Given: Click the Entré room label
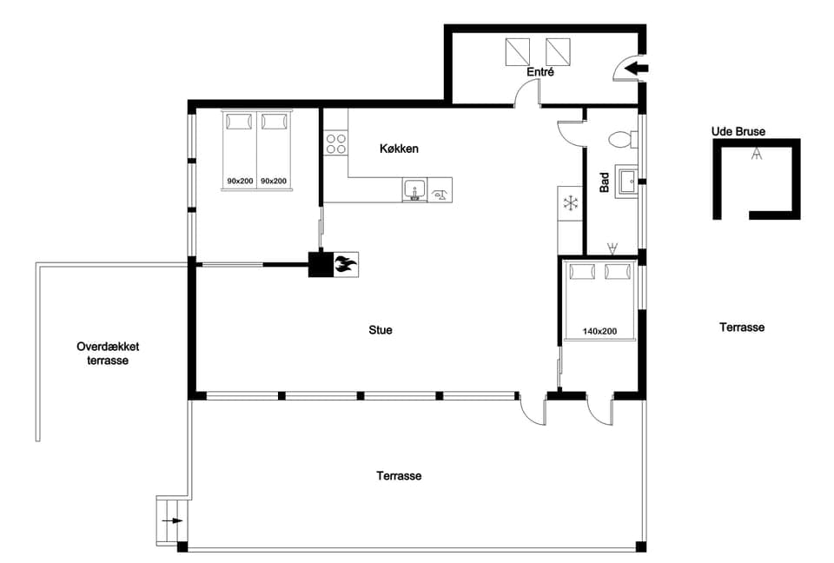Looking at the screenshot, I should [x=540, y=72].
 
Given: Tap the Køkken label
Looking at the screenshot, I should [x=399, y=149].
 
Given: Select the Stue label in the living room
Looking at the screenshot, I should [x=381, y=330].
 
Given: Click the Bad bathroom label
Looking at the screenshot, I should [x=605, y=182].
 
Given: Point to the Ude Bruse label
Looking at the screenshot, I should [x=738, y=132].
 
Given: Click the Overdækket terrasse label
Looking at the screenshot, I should [x=108, y=353].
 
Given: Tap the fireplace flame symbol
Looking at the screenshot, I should [x=345, y=264].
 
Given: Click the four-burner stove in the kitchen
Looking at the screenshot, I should [x=336, y=143].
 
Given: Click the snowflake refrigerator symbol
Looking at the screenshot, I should [x=571, y=203].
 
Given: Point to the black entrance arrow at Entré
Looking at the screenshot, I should [x=636, y=67].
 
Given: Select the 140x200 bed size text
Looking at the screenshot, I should [x=599, y=331].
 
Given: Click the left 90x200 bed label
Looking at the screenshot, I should [x=240, y=181].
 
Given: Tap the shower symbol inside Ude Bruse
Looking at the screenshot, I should [x=757, y=155].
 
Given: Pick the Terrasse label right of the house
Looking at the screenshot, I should [x=742, y=328].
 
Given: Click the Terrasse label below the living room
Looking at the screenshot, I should [x=399, y=476].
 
